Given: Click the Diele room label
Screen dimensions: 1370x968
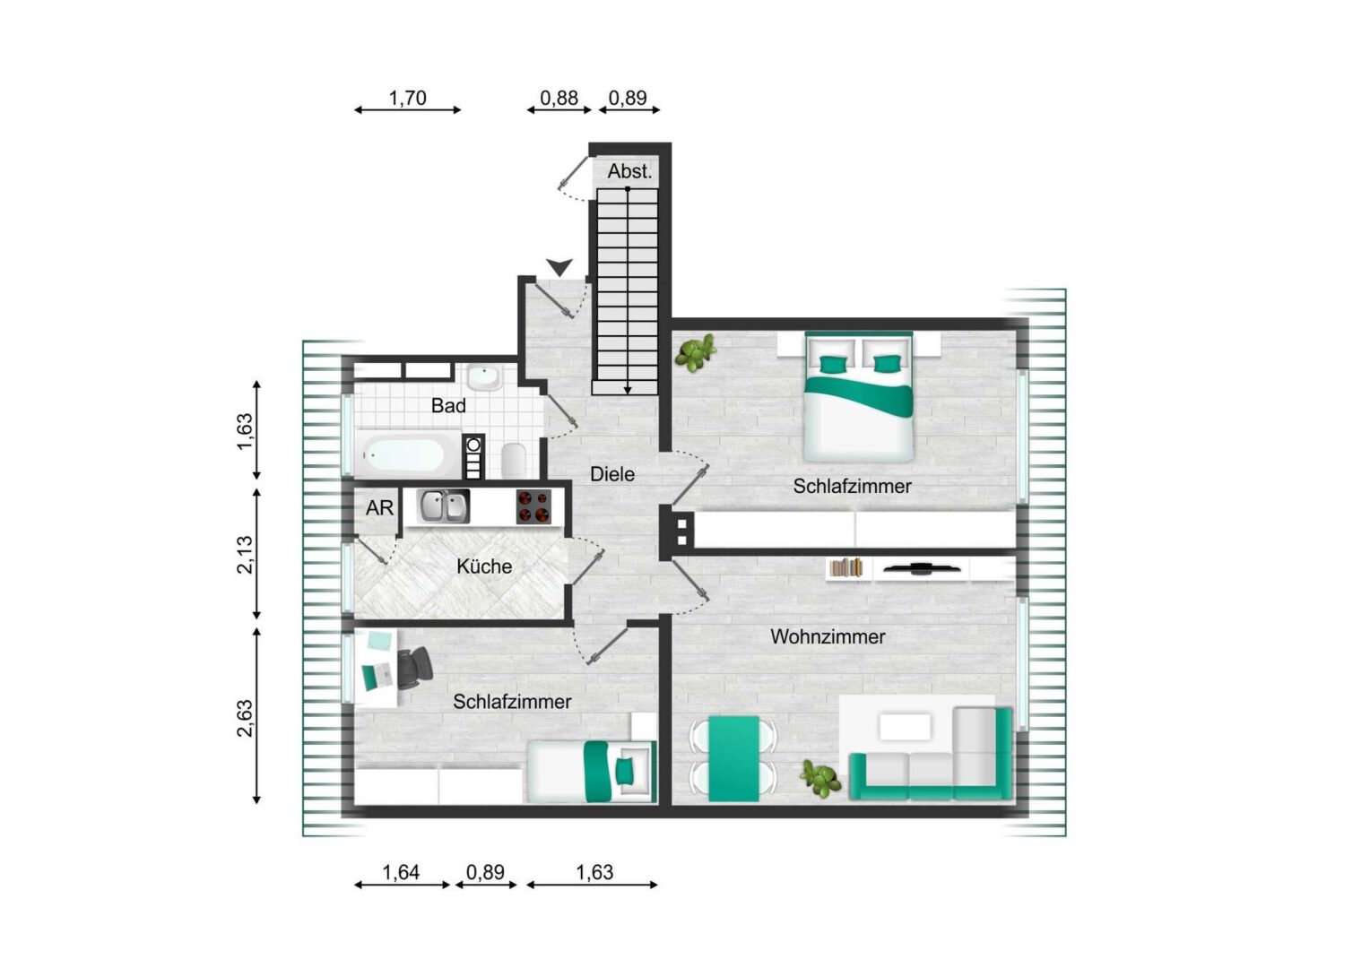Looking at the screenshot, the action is coord(612,474).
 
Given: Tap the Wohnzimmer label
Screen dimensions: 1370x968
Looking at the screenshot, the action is coord(828,636).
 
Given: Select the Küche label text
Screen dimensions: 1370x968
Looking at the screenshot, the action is coord(484,566).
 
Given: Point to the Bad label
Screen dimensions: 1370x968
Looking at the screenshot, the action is coord(448,405).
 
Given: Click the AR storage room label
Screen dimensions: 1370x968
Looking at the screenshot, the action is coord(379,507).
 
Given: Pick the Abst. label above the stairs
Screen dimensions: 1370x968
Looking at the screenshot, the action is coord(629,171).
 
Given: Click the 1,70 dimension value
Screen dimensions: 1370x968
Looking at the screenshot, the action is coord(407,98).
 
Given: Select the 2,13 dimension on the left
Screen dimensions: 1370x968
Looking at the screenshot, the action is coord(245,554).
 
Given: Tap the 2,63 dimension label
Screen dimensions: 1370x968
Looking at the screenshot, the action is coord(245,719).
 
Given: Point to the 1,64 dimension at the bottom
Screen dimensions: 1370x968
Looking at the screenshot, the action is coord(401,872).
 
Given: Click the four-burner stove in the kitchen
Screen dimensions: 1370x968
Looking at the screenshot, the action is coord(533,507).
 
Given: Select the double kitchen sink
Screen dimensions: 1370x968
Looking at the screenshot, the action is coord(444,506).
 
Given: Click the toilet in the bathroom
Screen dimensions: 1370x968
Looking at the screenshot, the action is coord(513,460).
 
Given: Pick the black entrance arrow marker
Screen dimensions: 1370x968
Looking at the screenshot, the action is coord(559,267).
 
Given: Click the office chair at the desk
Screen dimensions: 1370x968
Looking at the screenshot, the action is coord(414,669).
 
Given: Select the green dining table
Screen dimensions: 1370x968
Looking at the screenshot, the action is coord(734,759).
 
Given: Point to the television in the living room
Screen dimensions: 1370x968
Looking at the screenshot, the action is coord(922,568).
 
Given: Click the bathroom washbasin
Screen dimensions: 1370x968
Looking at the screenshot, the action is coord(484,376).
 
